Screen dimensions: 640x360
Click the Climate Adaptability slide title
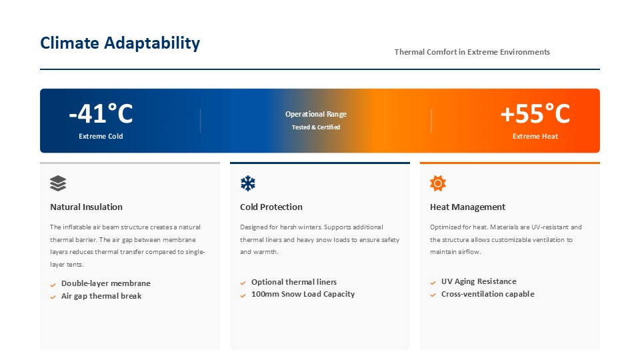pyautogui.click(x=120, y=43)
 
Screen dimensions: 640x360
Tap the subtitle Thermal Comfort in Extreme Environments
pyautogui.click(x=472, y=52)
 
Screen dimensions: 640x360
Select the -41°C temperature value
pyautogui.click(x=101, y=113)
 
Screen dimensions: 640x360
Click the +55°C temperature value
pyautogui.click(x=535, y=113)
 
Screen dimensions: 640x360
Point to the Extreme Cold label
pyautogui.click(x=101, y=136)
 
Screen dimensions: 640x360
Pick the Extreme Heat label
pyautogui.click(x=535, y=136)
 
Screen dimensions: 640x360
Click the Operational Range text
pyautogui.click(x=316, y=114)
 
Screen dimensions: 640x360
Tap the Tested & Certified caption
pyautogui.click(x=316, y=127)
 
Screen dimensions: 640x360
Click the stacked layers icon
pyautogui.click(x=58, y=183)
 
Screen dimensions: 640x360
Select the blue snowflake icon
pyautogui.click(x=248, y=183)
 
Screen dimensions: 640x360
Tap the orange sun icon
pyautogui.click(x=438, y=183)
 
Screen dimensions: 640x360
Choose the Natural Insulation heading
pyautogui.click(x=86, y=207)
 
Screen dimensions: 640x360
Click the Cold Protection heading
pyautogui.click(x=271, y=207)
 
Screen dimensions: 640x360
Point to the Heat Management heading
pyautogui.click(x=467, y=207)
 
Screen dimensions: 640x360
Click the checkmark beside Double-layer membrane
pyautogui.click(x=53, y=285)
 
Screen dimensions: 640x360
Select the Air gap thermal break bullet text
pyautogui.click(x=101, y=296)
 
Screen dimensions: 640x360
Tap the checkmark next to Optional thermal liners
pyautogui.click(x=243, y=283)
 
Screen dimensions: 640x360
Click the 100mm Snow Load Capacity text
pyautogui.click(x=303, y=294)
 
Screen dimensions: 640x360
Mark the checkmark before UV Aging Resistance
pyautogui.click(x=433, y=283)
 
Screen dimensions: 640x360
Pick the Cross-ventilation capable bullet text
pyautogui.click(x=488, y=294)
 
